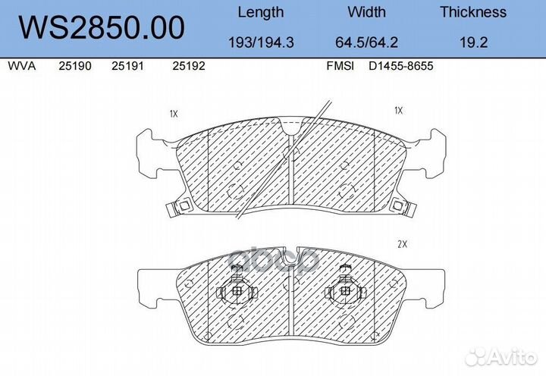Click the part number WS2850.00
(x=102, y=27)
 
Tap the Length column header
(x=260, y=13)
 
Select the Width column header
(x=366, y=12)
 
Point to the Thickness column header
(x=473, y=12)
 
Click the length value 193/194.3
(x=261, y=42)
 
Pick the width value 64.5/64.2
(x=366, y=42)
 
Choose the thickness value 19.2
(x=473, y=42)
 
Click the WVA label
(x=21, y=66)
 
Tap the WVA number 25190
(x=75, y=66)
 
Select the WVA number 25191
(x=127, y=66)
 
